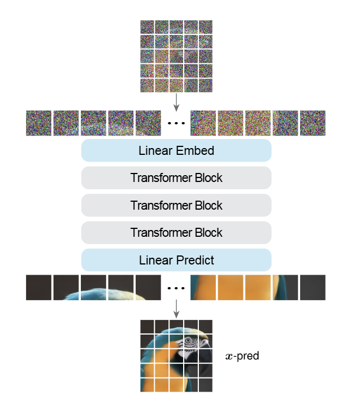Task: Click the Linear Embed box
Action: (176, 151)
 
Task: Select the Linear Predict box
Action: (176, 260)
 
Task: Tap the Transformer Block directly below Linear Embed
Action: (176, 178)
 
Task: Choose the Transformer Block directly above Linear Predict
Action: (176, 232)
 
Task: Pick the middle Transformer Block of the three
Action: (176, 205)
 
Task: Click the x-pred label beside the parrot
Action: (241, 357)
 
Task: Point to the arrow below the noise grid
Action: (176, 102)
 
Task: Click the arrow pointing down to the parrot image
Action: (176, 308)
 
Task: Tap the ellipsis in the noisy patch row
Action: (176, 123)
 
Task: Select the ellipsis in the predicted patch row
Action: (176, 288)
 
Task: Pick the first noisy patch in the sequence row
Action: (38, 123)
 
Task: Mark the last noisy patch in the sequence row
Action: (313, 123)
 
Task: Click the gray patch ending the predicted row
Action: (313, 287)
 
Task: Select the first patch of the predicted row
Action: (38, 287)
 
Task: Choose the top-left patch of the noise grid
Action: (147, 27)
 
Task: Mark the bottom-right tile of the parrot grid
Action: (205, 385)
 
